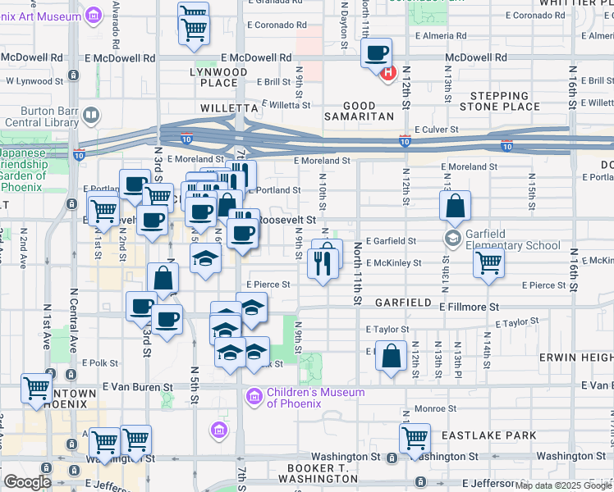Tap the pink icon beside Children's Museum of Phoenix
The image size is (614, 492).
tap(254, 399)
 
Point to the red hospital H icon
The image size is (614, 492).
tap(388, 72)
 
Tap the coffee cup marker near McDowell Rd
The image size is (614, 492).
tap(377, 54)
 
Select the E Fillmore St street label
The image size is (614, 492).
tap(469, 307)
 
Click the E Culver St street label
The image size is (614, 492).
tap(436, 130)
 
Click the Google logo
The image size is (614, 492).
tap(27, 482)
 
